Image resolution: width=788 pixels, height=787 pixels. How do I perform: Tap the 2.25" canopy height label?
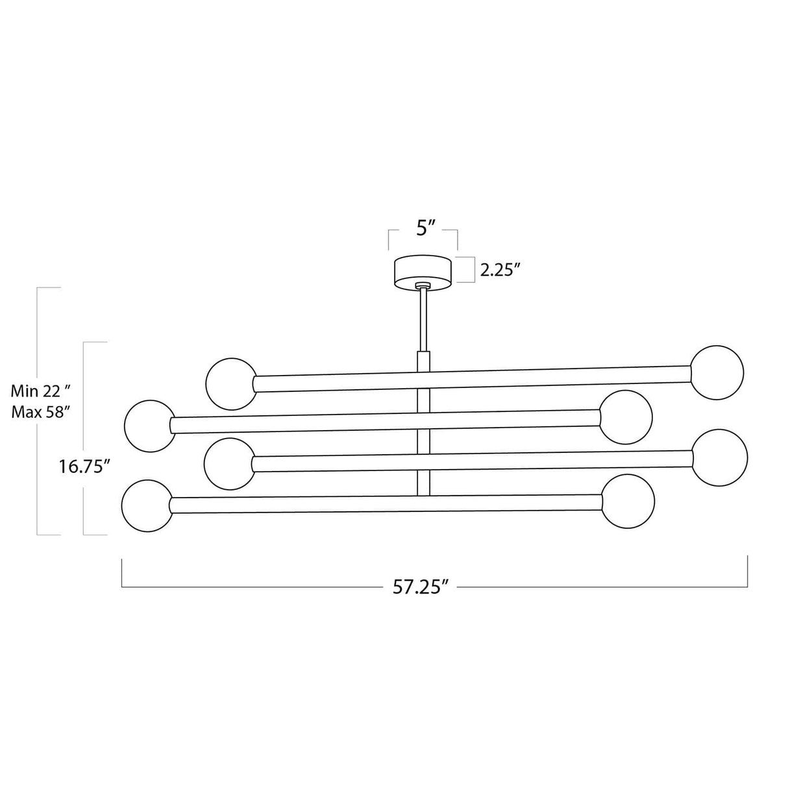tap(501, 271)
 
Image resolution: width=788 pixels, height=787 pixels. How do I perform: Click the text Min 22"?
tap(40, 391)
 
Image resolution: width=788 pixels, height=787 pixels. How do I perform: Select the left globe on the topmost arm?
tap(232, 383)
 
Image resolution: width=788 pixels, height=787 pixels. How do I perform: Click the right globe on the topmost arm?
tap(717, 372)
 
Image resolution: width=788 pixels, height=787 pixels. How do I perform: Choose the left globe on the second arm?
tap(149, 426)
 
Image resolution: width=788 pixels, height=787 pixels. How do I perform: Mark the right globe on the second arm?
tap(626, 417)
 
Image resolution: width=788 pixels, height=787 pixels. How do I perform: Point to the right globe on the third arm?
tap(720, 455)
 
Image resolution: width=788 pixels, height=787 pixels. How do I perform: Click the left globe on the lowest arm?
tap(147, 505)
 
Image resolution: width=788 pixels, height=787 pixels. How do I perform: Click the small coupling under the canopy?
tap(423, 285)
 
